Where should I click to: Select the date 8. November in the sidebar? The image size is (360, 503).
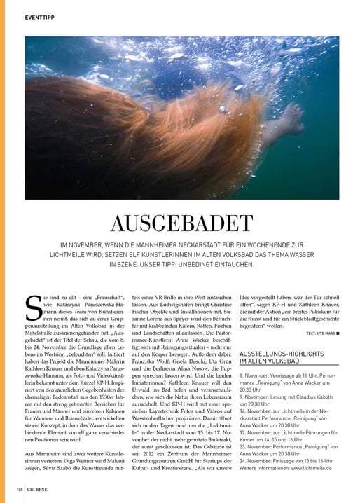(x=256, y=376)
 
